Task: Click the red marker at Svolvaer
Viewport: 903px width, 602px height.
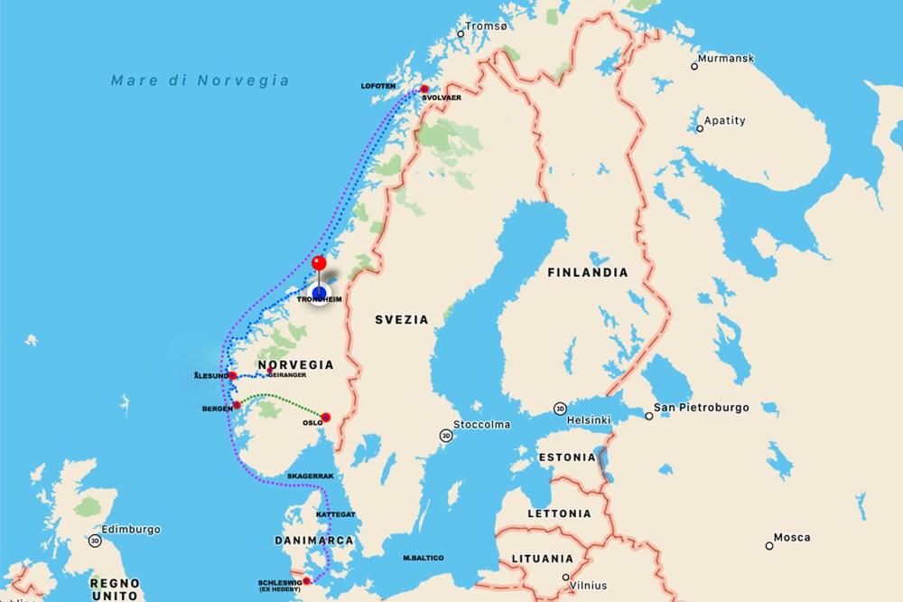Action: click(424, 89)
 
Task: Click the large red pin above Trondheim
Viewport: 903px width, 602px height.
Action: click(318, 264)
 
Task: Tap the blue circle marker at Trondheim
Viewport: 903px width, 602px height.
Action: click(319, 294)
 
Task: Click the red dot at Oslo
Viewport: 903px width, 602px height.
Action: click(326, 418)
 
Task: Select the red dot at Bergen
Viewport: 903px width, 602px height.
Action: click(237, 405)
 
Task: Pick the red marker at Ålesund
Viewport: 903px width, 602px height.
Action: click(233, 375)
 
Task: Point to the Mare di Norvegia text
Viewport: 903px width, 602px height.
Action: click(200, 80)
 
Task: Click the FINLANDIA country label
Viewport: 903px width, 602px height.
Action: click(587, 272)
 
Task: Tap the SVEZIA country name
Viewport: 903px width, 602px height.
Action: click(402, 320)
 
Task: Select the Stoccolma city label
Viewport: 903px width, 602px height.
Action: click(482, 424)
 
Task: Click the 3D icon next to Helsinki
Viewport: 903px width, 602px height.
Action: click(561, 409)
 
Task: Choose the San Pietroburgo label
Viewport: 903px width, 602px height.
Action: click(702, 408)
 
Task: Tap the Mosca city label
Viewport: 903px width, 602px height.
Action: click(791, 538)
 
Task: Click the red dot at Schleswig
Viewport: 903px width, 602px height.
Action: click(307, 580)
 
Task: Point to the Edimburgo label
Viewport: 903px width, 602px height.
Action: click(131, 529)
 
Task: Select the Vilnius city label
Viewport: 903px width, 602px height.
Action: click(589, 586)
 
